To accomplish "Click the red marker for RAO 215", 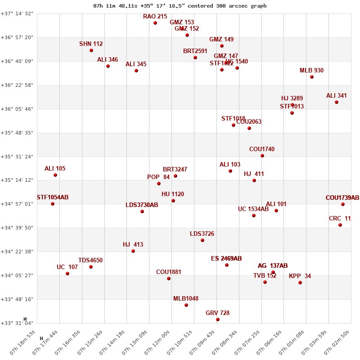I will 155,23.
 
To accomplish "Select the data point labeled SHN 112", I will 91,50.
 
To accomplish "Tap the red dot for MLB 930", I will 312,77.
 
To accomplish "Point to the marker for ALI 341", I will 337,102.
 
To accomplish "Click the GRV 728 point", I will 218,319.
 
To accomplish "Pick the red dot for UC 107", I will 67,274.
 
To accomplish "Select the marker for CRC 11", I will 340,225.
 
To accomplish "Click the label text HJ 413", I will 133,245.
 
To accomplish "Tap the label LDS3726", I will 202,234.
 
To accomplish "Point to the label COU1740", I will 262,149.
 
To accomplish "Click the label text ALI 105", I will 55,169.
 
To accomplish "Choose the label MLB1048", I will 186,299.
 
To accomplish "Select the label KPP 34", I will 300,276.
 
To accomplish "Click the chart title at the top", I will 180,6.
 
